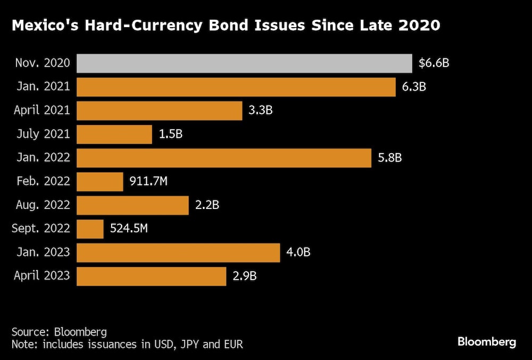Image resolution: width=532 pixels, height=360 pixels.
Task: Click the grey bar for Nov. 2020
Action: tap(244, 63)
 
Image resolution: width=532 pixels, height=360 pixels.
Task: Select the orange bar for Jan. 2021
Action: tap(236, 87)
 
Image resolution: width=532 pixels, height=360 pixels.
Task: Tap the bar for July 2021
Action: tap(114, 134)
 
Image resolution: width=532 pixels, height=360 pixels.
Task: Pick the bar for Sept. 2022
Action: tap(90, 229)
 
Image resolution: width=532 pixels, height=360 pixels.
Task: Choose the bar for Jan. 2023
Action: tap(178, 253)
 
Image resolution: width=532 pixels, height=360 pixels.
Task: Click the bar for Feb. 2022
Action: tap(100, 181)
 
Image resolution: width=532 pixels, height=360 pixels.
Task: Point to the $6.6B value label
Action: tap(434, 63)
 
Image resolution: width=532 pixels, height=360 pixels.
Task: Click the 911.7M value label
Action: tap(148, 181)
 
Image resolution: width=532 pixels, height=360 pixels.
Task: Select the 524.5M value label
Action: tap(129, 229)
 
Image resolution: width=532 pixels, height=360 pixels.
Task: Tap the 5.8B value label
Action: tap(390, 158)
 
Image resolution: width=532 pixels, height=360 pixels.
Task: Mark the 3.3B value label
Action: tap(262, 111)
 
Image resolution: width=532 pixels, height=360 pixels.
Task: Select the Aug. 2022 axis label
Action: tap(41, 205)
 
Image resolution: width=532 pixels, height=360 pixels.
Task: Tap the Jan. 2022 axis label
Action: tap(43, 158)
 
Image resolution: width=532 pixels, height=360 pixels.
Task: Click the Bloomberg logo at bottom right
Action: tap(486, 342)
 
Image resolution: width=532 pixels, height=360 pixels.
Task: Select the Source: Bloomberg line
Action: tap(59, 331)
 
